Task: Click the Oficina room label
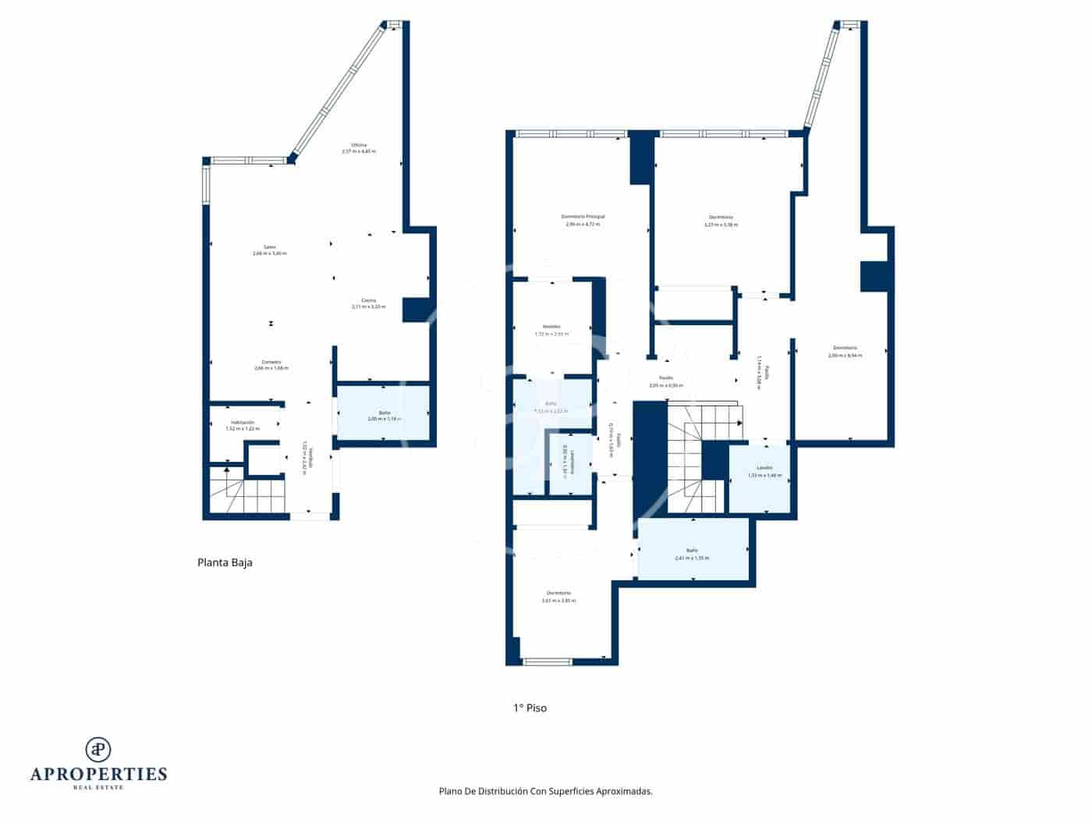click(359, 145)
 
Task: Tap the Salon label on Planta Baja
click(270, 247)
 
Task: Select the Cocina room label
click(368, 300)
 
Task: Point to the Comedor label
click(271, 362)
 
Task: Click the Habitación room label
click(242, 422)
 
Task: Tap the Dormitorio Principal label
click(583, 217)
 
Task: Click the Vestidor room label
click(551, 327)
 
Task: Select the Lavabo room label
click(764, 469)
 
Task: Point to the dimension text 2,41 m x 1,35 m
click(692, 558)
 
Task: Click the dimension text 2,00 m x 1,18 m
click(383, 419)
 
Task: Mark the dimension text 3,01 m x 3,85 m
click(558, 601)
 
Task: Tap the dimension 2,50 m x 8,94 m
click(845, 356)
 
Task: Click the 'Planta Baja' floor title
click(225, 562)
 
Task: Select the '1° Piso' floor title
click(530, 708)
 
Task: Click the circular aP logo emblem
click(98, 749)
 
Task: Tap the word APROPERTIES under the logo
click(98, 774)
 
